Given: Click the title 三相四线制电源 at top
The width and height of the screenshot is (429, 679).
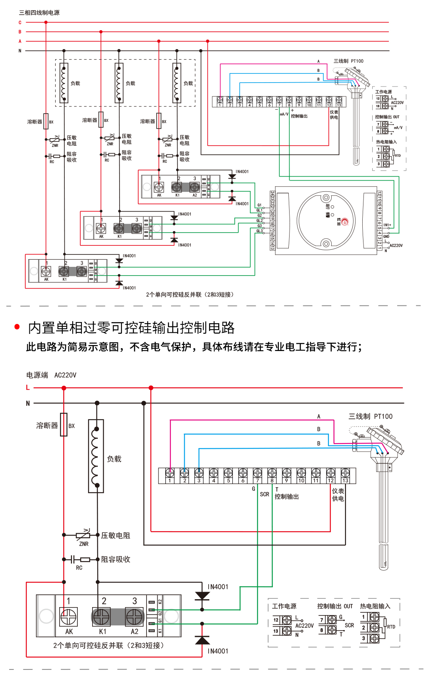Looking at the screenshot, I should pyautogui.click(x=39, y=13).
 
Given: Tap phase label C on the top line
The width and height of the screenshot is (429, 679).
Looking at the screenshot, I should pyautogui.click(x=20, y=23).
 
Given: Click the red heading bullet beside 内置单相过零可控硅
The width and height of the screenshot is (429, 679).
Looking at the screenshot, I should pyautogui.click(x=17, y=327).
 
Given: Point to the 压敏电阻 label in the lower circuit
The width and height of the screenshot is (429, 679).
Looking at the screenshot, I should pyautogui.click(x=116, y=536).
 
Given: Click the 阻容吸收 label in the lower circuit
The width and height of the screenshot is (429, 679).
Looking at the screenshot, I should pyautogui.click(x=116, y=559).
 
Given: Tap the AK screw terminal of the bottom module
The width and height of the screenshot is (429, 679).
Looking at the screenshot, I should pyautogui.click(x=68, y=617).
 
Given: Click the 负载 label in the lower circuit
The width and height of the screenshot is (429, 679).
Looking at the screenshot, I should pyautogui.click(x=114, y=459).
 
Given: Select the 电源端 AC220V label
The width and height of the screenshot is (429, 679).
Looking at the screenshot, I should pyautogui.click(x=51, y=375).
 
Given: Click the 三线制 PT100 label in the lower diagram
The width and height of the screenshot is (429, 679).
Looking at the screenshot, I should pyautogui.click(x=370, y=417).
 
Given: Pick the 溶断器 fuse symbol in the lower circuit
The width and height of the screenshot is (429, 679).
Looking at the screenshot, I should pyautogui.click(x=64, y=425).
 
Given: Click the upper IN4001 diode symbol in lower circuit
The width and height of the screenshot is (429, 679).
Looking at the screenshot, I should pyautogui.click(x=202, y=596).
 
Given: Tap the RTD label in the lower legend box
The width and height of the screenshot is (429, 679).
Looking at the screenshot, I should pyautogui.click(x=391, y=627).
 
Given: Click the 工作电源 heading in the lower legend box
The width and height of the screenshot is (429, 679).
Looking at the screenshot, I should pyautogui.click(x=284, y=606).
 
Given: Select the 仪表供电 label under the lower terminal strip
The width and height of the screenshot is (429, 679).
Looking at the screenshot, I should pyautogui.click(x=338, y=495).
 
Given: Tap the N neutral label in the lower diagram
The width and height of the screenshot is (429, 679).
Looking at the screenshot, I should pyautogui.click(x=28, y=403).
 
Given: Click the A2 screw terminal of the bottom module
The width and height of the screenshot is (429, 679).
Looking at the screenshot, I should pyautogui.click(x=134, y=617).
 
